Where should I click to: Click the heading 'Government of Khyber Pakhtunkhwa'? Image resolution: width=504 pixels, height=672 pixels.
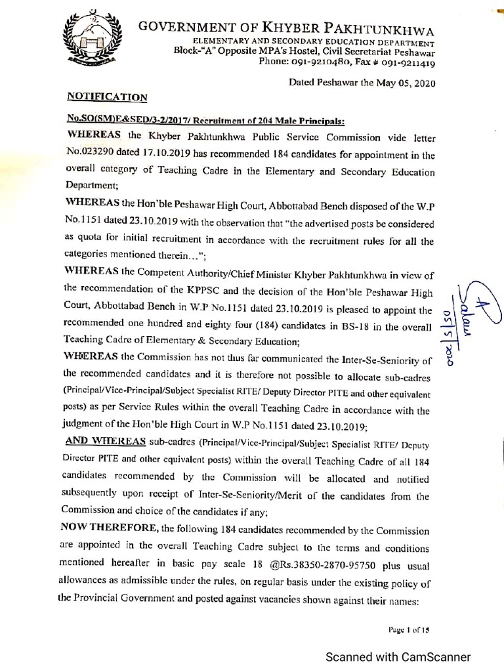286,27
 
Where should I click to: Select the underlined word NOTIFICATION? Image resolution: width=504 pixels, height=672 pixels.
108,97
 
